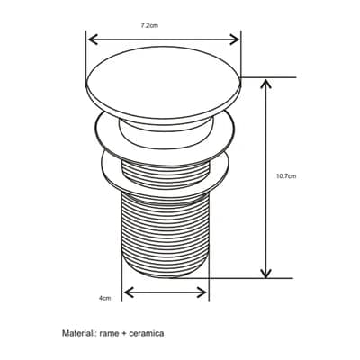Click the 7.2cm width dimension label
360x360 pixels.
[x=149, y=25]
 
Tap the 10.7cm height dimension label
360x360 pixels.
[x=286, y=176]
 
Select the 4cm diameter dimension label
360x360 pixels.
[x=105, y=298]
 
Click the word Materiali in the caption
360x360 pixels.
[x=78, y=333]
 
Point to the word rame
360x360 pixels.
[x=109, y=333]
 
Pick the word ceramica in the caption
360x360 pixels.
[x=146, y=333]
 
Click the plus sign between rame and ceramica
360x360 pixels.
[x=124, y=334]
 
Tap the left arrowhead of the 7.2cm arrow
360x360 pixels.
[x=94, y=40]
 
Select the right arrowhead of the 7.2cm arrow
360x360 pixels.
[x=235, y=40]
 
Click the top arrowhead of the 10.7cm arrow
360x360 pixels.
[x=265, y=85]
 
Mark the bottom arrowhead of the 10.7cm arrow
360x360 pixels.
[x=265, y=273]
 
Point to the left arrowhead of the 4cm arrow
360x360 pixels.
[x=129, y=292]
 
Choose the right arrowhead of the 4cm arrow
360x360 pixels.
[x=202, y=292]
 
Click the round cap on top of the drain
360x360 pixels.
[x=164, y=83]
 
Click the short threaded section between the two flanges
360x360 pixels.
[x=166, y=174]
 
